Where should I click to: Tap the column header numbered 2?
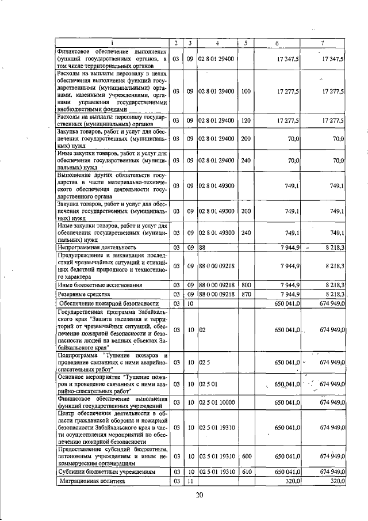click(177, 43)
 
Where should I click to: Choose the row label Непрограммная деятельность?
click(92, 247)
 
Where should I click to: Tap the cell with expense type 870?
click(246, 294)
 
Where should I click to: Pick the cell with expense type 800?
click(246, 284)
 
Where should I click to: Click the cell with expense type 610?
click(246, 471)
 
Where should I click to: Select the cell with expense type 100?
click(246, 92)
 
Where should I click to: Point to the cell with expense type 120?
click(246, 120)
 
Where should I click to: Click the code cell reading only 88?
click(202, 247)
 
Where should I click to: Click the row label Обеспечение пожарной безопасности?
click(109, 303)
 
